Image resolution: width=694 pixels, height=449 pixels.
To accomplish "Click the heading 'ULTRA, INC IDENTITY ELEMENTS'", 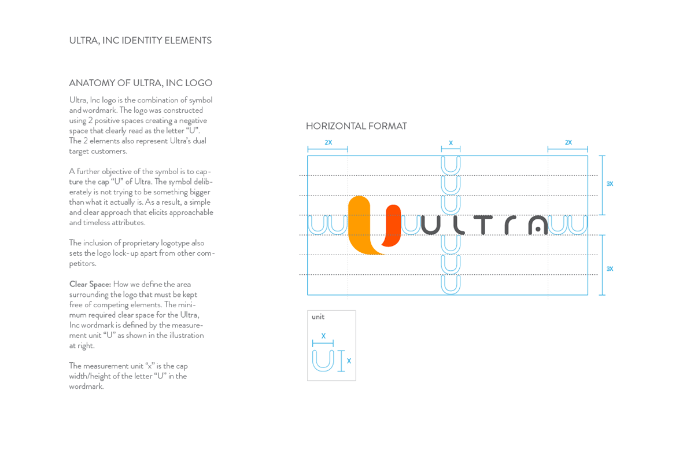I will click(x=141, y=41).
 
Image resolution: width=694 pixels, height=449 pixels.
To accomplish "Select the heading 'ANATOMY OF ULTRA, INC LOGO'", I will click(x=141, y=83).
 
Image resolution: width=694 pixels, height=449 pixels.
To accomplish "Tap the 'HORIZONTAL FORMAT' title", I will click(x=356, y=126).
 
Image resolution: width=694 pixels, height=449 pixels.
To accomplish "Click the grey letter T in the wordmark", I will click(x=483, y=225).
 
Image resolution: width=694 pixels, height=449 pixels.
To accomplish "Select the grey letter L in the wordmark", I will click(x=458, y=225).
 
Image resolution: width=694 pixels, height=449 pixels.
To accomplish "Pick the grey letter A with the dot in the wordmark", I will click(x=538, y=225).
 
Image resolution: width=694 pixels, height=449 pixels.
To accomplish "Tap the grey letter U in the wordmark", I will click(x=431, y=225).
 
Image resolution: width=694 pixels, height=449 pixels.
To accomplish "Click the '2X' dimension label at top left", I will click(x=328, y=142).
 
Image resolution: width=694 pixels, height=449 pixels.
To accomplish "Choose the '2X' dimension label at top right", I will click(x=568, y=142).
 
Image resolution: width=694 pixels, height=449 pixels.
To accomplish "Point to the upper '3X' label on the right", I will click(x=610, y=184).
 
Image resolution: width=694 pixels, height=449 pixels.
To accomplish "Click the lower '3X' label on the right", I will click(x=610, y=269).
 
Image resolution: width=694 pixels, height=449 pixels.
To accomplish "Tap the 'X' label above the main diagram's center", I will click(x=451, y=143).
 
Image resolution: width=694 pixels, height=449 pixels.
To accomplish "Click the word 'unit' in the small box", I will click(x=318, y=317).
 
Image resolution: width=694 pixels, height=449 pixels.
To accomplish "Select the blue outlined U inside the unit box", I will click(x=323, y=360).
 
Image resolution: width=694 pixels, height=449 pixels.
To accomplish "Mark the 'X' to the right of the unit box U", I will click(x=349, y=361).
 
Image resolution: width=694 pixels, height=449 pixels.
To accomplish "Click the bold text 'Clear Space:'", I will click(x=90, y=284).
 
